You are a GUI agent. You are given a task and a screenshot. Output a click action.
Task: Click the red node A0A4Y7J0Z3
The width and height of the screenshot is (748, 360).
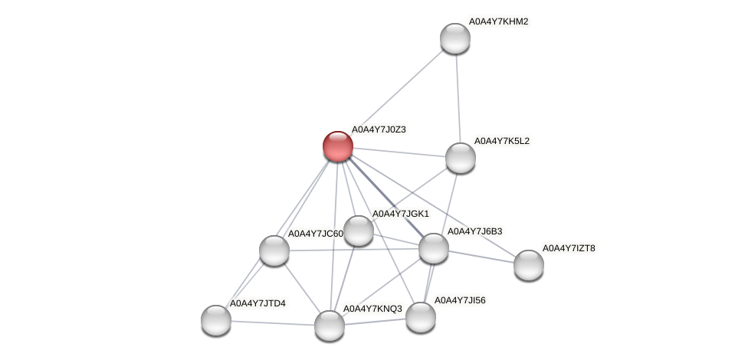(337, 146)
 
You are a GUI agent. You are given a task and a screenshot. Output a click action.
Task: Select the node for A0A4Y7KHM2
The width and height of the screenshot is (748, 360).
(454, 38)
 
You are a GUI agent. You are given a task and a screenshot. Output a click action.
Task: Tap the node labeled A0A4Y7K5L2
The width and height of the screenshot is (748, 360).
(460, 157)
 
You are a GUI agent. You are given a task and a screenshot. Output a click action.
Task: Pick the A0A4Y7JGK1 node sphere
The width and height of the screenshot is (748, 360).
(358, 230)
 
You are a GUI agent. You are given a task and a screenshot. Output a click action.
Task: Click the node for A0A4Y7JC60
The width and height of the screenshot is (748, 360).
(274, 250)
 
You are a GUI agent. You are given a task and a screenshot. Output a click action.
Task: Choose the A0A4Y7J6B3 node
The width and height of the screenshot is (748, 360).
(433, 247)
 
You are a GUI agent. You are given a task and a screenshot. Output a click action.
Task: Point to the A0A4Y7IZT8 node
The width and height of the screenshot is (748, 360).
(528, 264)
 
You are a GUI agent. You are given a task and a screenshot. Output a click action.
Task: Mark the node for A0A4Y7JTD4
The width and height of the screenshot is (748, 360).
(215, 319)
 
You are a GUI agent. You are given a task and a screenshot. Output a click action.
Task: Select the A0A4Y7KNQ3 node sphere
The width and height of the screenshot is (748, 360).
(330, 325)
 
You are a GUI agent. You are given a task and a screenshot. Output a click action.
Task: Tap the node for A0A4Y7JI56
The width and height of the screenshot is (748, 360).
(420, 316)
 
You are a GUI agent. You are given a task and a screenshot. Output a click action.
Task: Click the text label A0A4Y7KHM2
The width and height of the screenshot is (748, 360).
(498, 21)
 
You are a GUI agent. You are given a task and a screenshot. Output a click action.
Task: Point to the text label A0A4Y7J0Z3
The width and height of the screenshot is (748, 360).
(379, 129)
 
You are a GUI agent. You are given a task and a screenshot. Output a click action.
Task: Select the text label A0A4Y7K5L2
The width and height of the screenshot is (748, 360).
(501, 141)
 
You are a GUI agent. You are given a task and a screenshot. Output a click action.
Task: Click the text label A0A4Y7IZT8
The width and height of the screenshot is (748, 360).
(569, 248)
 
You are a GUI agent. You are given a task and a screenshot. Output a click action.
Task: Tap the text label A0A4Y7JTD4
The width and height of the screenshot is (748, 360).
(258, 303)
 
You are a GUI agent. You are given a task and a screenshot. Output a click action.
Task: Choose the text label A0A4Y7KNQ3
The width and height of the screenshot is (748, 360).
(372, 309)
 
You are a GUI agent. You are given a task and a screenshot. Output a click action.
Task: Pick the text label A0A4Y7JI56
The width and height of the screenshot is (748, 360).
(460, 300)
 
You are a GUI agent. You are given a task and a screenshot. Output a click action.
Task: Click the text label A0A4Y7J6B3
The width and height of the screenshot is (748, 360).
(474, 231)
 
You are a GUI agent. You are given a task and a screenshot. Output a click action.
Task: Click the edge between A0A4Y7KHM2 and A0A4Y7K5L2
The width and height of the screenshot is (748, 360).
(458, 98)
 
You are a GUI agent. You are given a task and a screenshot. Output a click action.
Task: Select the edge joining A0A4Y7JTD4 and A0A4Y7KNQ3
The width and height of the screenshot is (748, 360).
(272, 322)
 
